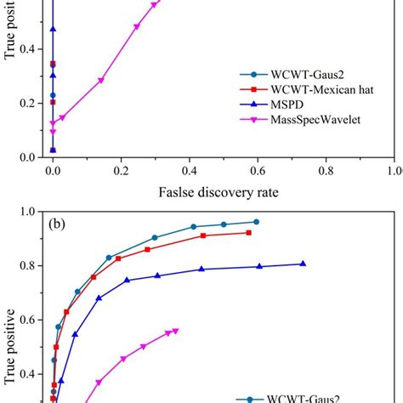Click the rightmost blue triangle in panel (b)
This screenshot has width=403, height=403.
(x=303, y=264)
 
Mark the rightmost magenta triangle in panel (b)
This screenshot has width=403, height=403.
(x=175, y=331)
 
